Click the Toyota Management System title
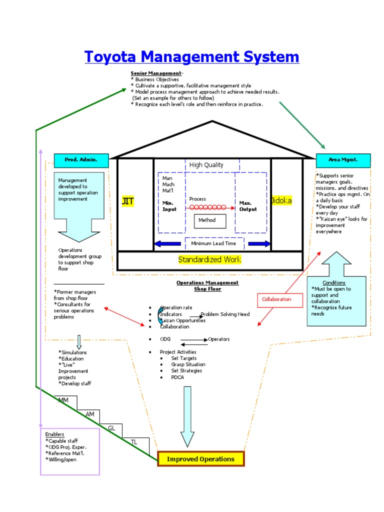click(x=192, y=56)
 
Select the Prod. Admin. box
click(x=80, y=160)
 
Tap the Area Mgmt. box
click(x=343, y=160)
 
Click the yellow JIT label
click(x=127, y=201)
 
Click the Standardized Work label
click(x=209, y=259)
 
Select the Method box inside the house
click(x=210, y=220)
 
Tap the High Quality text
click(x=206, y=165)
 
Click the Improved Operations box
click(x=200, y=459)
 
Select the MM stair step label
click(x=63, y=400)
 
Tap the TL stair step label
click(x=133, y=442)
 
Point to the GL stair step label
click(x=111, y=428)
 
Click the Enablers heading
click(x=54, y=434)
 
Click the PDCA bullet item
click(x=177, y=377)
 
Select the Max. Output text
click(x=248, y=206)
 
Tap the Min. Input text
click(x=169, y=206)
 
